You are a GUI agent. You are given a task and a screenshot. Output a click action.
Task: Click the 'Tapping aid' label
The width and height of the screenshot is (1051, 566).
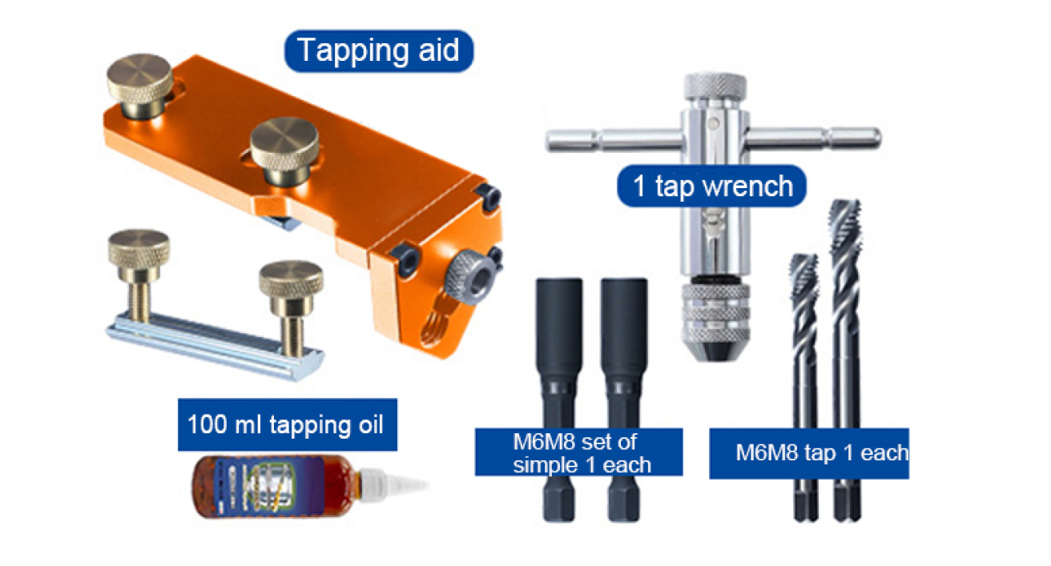379,50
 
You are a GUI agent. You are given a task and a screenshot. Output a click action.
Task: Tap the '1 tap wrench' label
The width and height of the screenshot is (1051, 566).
711,187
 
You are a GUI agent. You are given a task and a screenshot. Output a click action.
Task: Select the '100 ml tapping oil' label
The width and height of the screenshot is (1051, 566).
285,423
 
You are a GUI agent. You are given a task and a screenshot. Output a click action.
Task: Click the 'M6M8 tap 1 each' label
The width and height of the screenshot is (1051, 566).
809,453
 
